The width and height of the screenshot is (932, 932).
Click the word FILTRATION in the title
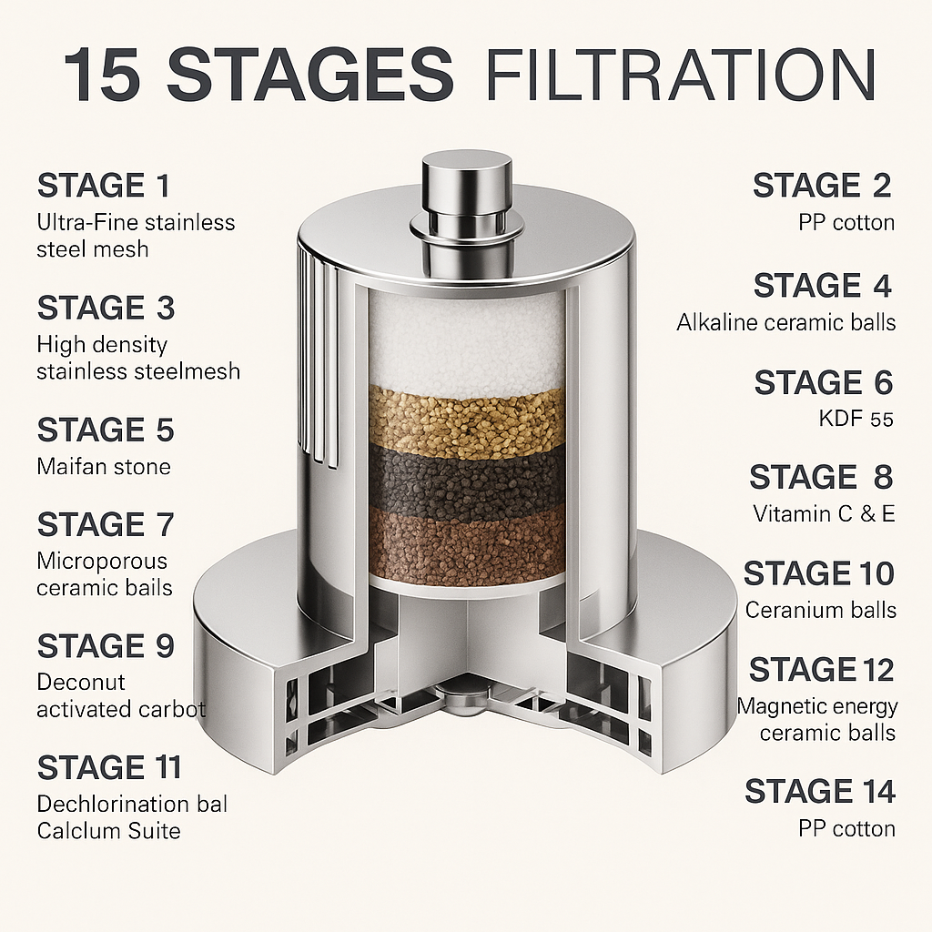pyautogui.click(x=680, y=76)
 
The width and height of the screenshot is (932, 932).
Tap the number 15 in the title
pyautogui.click(x=102, y=76)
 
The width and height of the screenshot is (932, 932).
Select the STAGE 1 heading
pyautogui.click(x=104, y=186)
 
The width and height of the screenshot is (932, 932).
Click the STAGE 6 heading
pyautogui.click(x=823, y=382)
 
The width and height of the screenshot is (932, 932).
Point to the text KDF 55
pyautogui.click(x=856, y=419)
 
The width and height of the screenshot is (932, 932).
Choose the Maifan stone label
pyautogui.click(x=104, y=467)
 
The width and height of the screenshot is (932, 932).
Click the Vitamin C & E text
pyautogui.click(x=824, y=514)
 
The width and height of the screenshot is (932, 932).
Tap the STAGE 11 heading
pyautogui.click(x=109, y=767)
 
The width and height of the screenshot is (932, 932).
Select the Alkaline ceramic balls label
pyautogui.click(x=785, y=323)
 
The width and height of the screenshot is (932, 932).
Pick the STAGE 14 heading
pyautogui.click(x=820, y=792)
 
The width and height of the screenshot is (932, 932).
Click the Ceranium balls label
pyautogui.click(x=820, y=611)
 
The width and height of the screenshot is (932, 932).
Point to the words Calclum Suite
pyautogui.click(x=108, y=831)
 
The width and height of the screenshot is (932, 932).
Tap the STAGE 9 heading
pyautogui.click(x=106, y=646)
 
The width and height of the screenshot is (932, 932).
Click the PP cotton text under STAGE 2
pyautogui.click(x=846, y=223)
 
